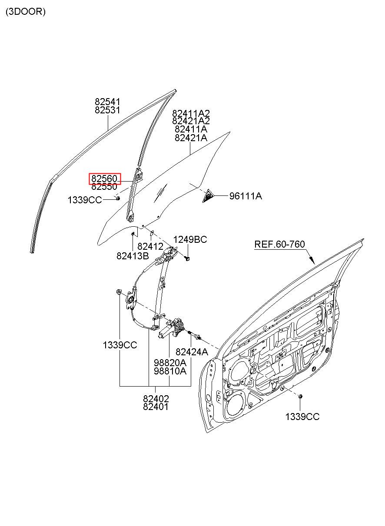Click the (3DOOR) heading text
(25, 12)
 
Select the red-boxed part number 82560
(104, 179)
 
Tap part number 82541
(107, 102)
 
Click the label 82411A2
(191, 113)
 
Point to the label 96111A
(246, 196)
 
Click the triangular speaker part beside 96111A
(208, 195)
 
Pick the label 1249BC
(190, 239)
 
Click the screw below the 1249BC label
(187, 259)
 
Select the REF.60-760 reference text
(279, 244)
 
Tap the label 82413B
(133, 256)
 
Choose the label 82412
(150, 246)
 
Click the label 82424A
(192, 352)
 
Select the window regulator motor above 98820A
(170, 328)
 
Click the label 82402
(156, 399)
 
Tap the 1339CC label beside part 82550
(85, 200)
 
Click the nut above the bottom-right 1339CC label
(300, 397)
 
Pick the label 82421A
(191, 138)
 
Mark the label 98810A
(170, 371)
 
